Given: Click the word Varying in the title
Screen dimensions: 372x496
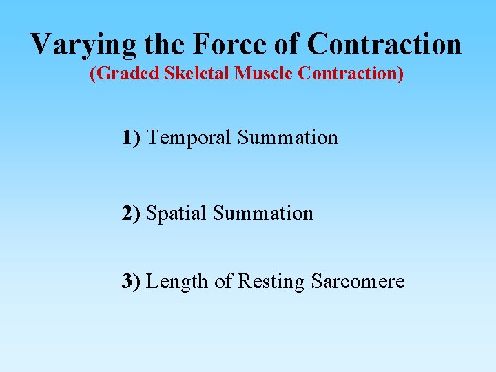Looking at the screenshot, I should [x=85, y=45].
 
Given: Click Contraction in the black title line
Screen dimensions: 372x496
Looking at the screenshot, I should [x=385, y=45].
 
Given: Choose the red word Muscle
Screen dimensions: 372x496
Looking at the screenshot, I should [x=264, y=74].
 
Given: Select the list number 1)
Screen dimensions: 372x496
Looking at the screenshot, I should [x=132, y=138].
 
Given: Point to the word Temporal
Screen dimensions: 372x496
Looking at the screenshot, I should [x=189, y=138].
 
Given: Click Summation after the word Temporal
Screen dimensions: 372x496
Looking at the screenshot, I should [x=288, y=138].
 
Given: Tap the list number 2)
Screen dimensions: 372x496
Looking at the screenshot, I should [x=132, y=214].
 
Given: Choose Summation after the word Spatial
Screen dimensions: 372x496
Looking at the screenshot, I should [x=262, y=214].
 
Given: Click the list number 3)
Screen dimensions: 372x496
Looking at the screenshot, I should [x=132, y=282].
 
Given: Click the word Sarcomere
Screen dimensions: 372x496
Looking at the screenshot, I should [x=358, y=282].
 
